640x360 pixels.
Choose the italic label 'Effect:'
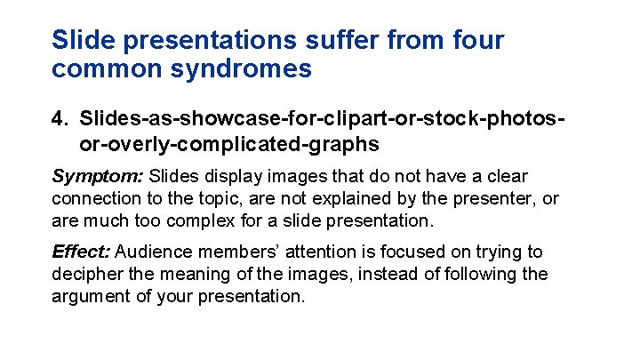[81, 252]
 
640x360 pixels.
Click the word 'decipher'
[87, 275]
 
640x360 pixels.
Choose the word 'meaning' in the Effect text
[196, 275]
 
